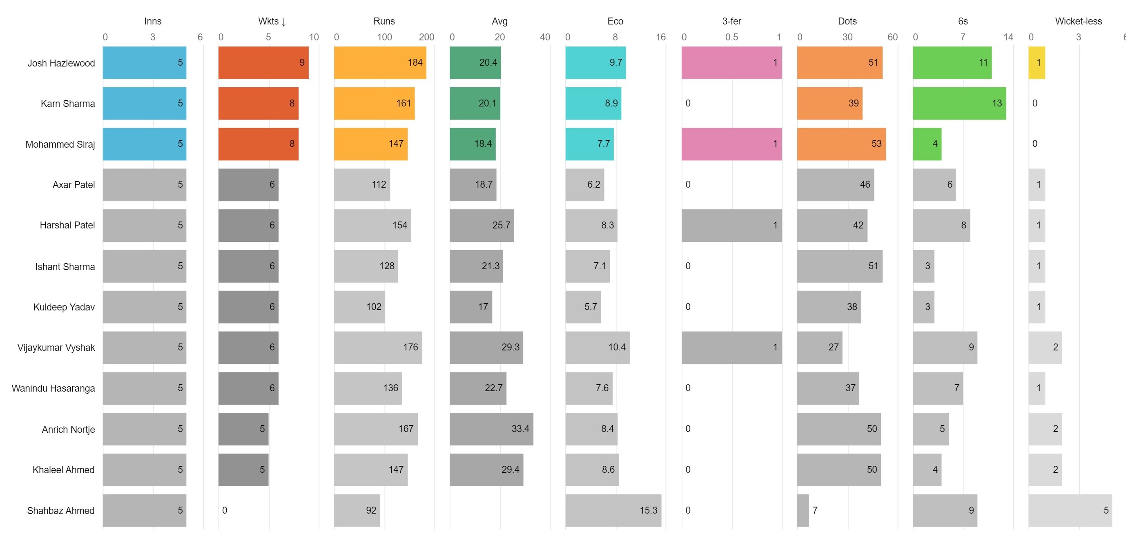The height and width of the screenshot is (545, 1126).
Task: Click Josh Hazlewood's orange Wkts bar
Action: click(263, 62)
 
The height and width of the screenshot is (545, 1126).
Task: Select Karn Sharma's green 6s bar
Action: click(959, 103)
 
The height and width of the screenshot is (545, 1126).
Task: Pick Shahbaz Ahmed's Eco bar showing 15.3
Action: click(613, 510)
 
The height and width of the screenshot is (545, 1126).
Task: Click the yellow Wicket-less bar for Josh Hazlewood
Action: click(1037, 62)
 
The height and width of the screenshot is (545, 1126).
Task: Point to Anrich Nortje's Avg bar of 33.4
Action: click(491, 429)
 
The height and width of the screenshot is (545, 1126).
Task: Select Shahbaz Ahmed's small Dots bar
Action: click(803, 510)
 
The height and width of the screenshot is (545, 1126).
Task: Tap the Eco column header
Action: click(615, 21)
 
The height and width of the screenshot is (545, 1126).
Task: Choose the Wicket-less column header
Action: click(1078, 21)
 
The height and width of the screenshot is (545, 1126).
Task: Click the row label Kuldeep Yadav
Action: click(64, 307)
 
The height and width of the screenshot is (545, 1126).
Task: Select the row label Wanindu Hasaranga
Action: click(54, 388)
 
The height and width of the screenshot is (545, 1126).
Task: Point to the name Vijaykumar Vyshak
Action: click(56, 348)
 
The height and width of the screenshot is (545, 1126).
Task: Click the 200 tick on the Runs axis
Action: click(426, 37)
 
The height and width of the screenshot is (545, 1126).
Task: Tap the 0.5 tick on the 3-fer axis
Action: click(731, 37)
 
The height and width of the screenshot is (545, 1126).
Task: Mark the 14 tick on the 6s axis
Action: click(1008, 37)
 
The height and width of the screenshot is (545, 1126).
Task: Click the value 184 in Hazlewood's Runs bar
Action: click(415, 62)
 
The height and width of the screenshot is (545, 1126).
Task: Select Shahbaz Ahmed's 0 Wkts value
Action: click(224, 510)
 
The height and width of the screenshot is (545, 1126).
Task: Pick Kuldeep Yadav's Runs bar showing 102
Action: click(359, 307)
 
